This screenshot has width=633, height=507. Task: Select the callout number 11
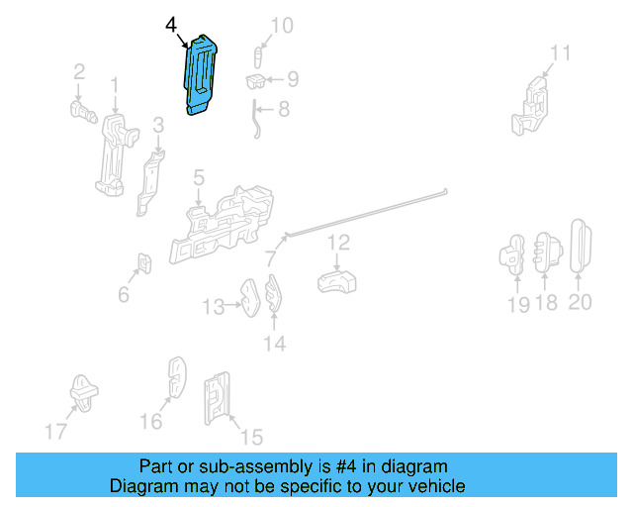561,53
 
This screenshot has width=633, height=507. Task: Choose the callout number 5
198,178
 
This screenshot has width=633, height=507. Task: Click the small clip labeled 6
144,263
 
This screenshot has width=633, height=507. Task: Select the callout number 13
214,308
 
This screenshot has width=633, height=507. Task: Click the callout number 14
274,344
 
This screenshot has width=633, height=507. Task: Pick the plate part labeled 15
218,400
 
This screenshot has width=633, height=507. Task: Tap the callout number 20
580,302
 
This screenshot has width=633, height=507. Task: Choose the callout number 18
546,303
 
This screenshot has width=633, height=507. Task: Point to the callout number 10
282,25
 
